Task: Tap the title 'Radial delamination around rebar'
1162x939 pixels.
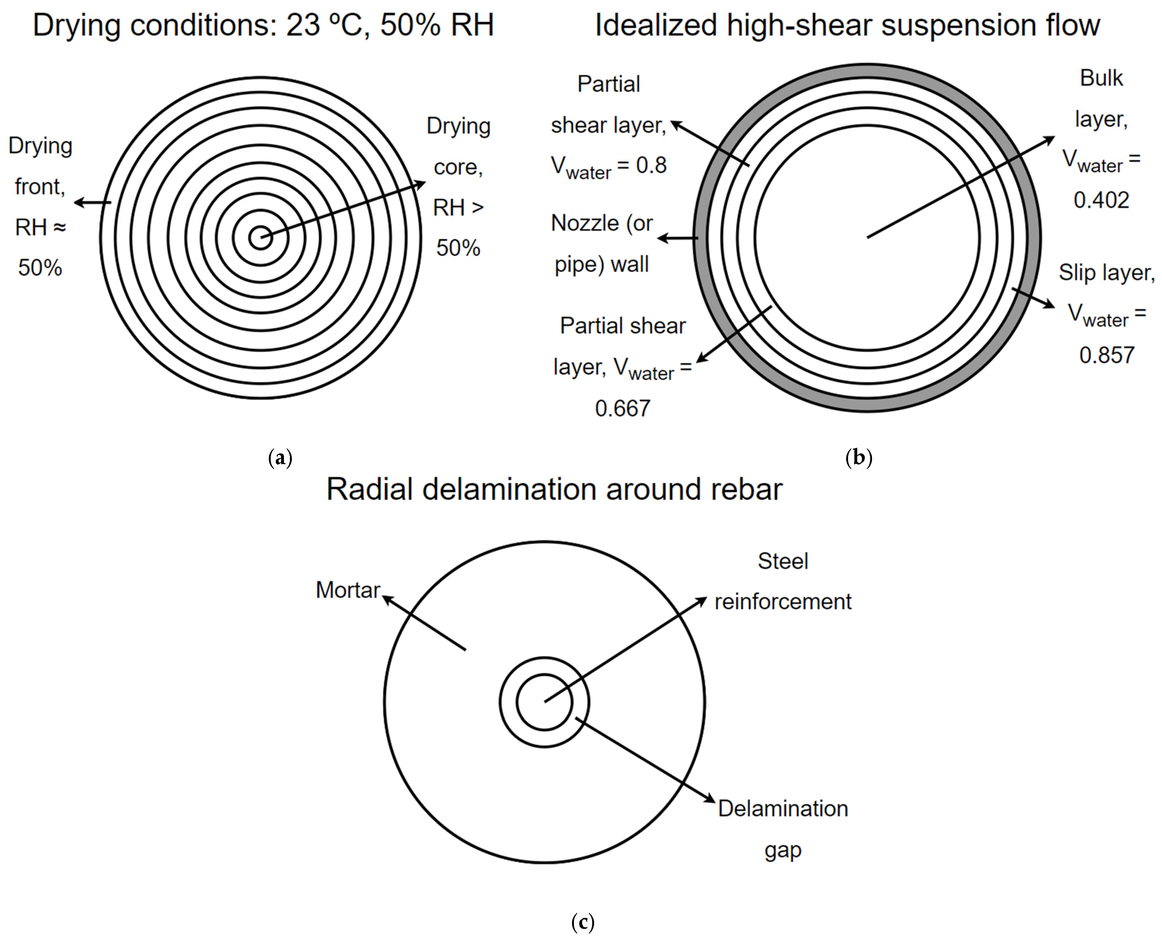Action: click(554, 489)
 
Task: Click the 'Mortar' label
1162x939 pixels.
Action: click(348, 590)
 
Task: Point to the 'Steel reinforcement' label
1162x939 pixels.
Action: click(782, 582)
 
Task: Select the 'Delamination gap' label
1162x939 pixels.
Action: click(782, 829)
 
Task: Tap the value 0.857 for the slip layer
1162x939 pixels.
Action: click(1106, 355)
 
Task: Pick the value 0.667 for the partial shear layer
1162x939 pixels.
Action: click(622, 408)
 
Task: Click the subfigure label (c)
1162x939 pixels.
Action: click(582, 922)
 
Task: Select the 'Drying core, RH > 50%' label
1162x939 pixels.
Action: click(458, 186)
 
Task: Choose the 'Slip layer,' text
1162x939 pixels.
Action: click(1106, 273)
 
